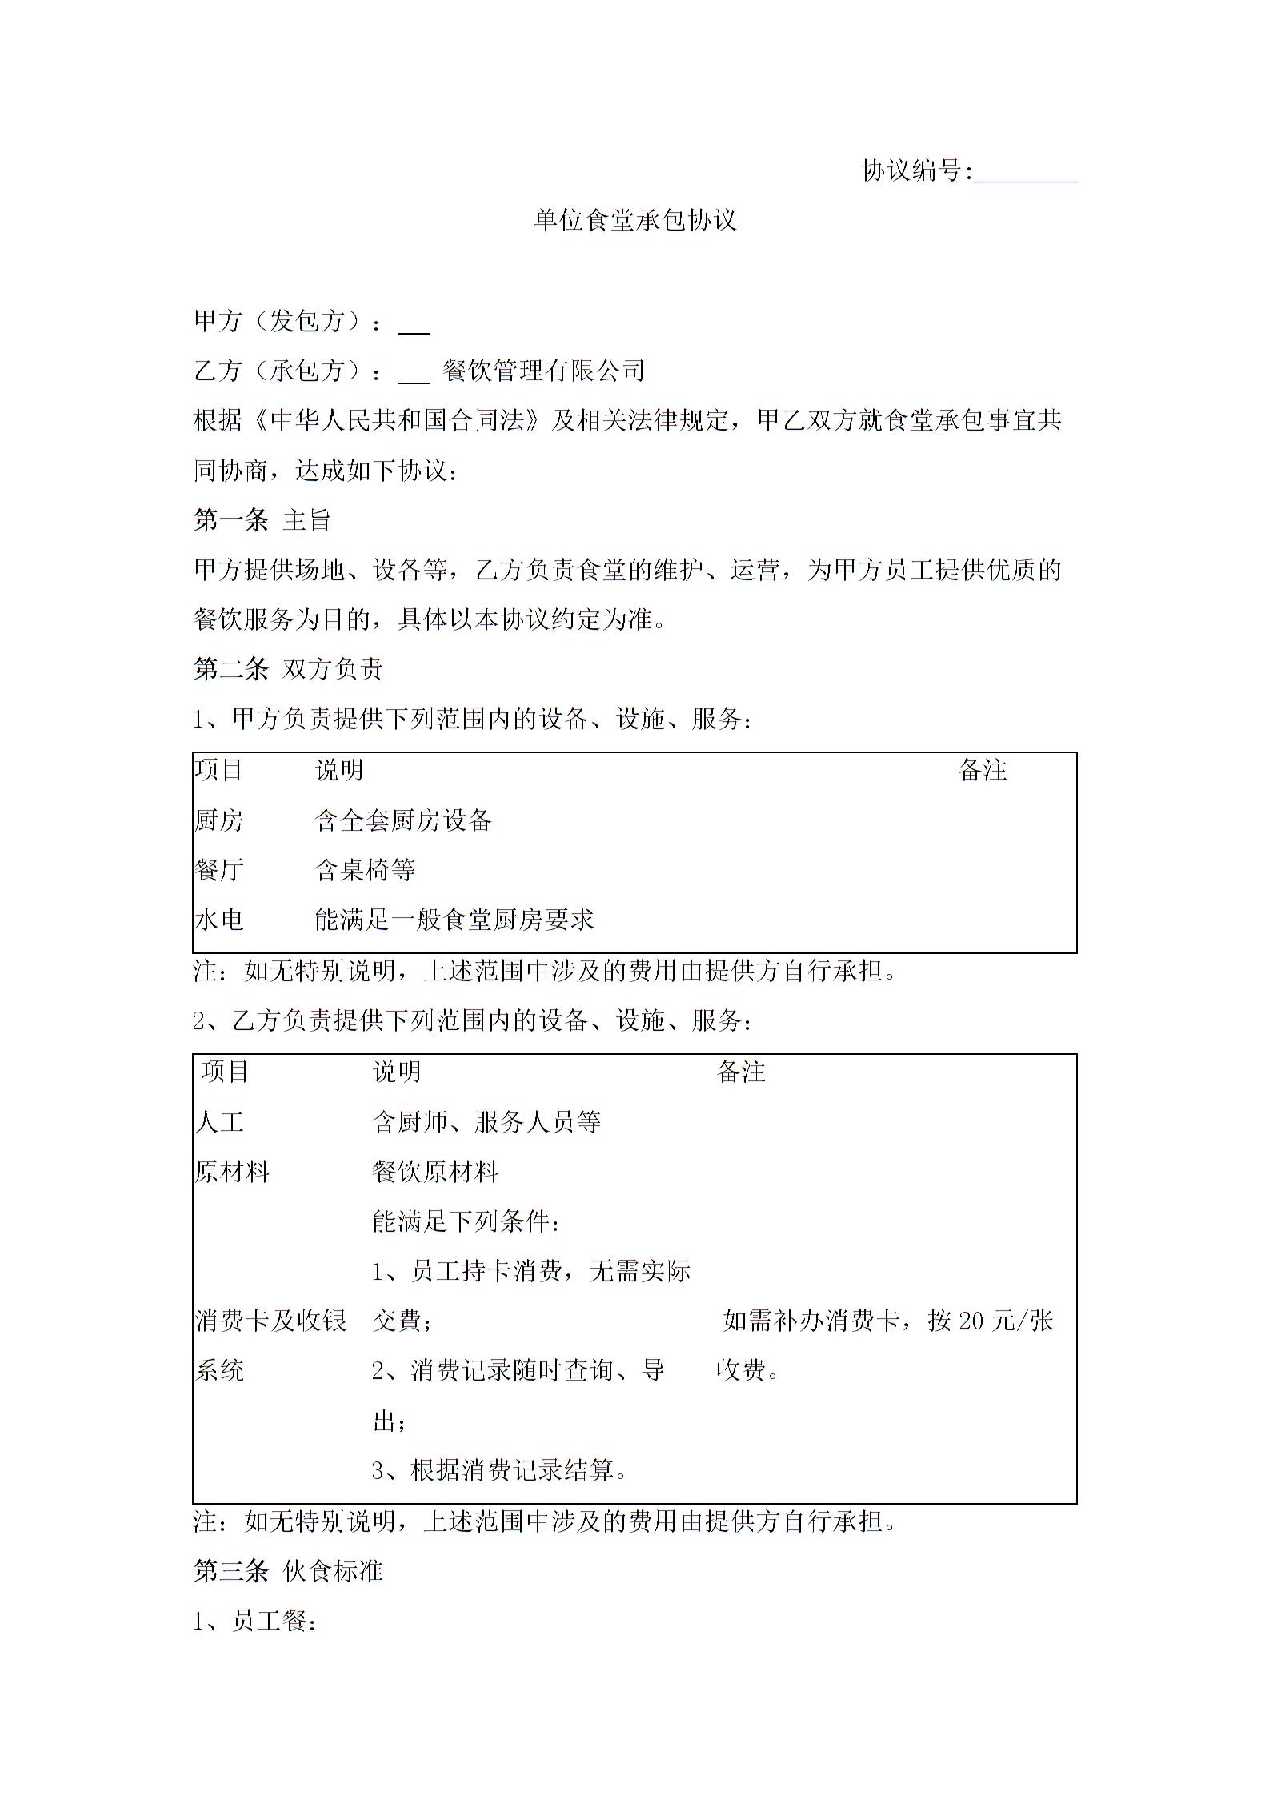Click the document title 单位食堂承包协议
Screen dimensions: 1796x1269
coord(634,220)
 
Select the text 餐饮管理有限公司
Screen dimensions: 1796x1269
coord(543,370)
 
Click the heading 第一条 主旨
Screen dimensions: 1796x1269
coord(262,520)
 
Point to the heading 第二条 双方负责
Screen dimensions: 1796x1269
coord(288,669)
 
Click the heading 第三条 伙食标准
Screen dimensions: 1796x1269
coord(288,1570)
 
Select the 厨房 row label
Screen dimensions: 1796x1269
coord(218,820)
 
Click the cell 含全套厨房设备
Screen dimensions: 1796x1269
coord(403,820)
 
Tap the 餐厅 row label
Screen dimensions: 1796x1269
coord(218,869)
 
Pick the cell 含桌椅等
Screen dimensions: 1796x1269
coord(365,869)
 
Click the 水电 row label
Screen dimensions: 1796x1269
coord(218,920)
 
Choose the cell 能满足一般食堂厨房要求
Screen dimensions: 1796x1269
coord(454,920)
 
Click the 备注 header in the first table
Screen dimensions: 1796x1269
coord(982,770)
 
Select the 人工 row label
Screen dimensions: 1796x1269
coord(218,1121)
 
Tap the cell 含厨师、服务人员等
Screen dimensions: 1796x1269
coord(486,1121)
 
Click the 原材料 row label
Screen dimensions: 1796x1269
coord(232,1172)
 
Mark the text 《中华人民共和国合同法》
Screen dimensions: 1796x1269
coord(396,420)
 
